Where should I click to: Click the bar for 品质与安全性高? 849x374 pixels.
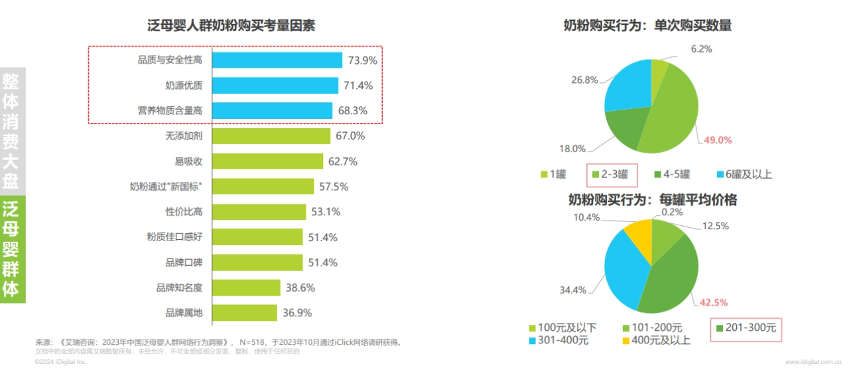tap(277, 60)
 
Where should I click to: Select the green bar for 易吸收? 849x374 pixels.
tap(267, 161)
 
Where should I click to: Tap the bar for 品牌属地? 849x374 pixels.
tap(244, 313)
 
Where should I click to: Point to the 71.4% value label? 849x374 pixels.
tap(358, 86)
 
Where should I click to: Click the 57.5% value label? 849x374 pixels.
tap(334, 187)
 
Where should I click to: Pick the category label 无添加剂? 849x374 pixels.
tap(184, 136)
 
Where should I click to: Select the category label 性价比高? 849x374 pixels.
tap(184, 212)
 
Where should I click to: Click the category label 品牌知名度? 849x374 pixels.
tap(179, 288)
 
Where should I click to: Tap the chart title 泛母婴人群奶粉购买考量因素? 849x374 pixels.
tap(231, 27)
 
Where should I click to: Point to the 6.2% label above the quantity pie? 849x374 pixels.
tap(683, 48)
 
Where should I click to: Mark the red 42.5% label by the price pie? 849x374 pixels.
tap(714, 302)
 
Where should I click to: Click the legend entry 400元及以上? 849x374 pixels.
tap(661, 341)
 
